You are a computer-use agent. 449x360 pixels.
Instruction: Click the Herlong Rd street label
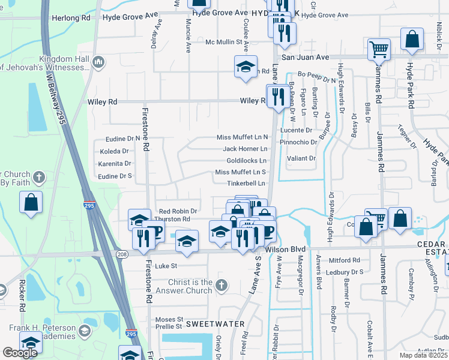tap(70, 18)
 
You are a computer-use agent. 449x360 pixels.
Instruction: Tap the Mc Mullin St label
tap(227, 43)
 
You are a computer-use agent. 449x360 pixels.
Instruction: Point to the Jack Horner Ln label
tap(245, 149)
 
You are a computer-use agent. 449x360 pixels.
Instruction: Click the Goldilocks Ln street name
tap(246, 161)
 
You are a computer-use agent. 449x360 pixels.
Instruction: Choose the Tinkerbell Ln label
tap(246, 184)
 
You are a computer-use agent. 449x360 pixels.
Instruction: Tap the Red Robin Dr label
tap(178, 211)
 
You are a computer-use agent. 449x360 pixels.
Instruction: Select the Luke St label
tap(166, 266)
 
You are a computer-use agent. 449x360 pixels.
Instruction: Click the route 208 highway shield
tap(121, 254)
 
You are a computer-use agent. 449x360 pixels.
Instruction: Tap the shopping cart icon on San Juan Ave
tap(378, 49)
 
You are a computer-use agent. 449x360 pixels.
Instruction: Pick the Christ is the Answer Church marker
tap(221, 286)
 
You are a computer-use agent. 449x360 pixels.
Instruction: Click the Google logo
tap(20, 353)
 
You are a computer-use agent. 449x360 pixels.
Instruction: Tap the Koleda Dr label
tap(115, 151)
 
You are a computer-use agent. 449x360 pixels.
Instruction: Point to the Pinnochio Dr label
tap(298, 142)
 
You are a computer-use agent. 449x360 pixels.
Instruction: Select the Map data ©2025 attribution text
tap(423, 356)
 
